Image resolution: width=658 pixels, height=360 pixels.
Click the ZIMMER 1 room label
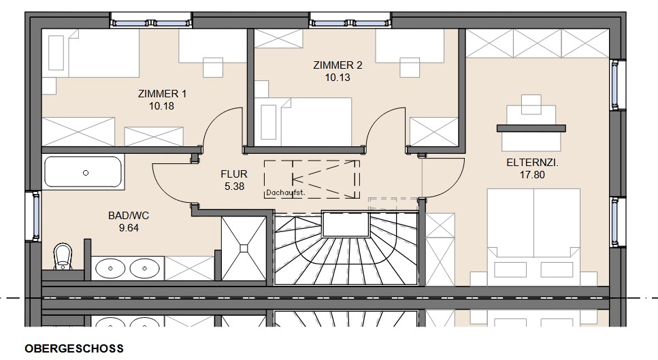coord(162,93)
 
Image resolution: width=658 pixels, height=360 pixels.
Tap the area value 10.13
coord(338,78)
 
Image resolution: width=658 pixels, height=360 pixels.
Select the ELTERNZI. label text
coord(533,163)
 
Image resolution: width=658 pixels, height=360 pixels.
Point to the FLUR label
coord(234,174)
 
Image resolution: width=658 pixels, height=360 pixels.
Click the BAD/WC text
coord(129,216)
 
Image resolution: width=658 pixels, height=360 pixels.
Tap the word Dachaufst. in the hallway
coord(285,193)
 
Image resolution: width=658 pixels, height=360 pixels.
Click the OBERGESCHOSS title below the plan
coord(74,348)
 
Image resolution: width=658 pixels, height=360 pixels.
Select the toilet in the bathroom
coord(63,257)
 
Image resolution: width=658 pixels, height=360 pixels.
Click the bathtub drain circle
coord(86,172)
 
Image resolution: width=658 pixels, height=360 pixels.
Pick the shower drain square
coord(244,248)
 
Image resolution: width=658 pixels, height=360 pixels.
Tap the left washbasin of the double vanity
coord(111,268)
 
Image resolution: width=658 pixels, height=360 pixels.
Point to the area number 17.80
coord(533,175)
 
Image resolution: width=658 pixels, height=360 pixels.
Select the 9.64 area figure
coord(129,228)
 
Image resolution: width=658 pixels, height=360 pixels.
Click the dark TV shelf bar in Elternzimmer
coord(531,129)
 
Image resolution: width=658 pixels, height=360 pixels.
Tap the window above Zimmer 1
coord(151,20)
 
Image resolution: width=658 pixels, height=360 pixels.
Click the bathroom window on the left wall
coord(33,216)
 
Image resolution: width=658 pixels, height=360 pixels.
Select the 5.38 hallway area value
coord(234,186)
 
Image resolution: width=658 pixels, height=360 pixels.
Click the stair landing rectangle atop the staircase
coord(346,225)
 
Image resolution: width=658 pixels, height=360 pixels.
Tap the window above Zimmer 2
coord(350,20)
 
